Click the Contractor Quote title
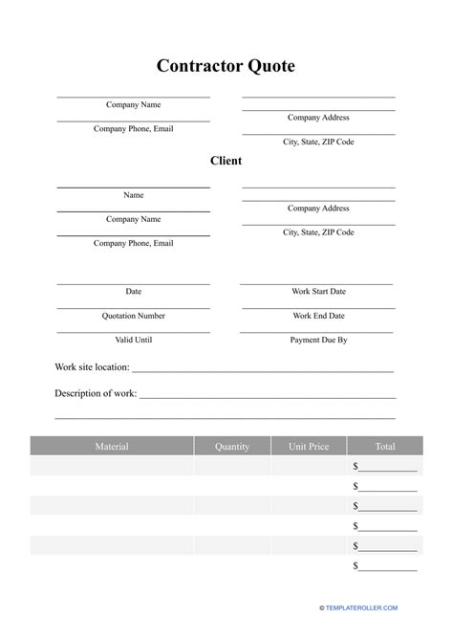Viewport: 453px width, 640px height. pos(226,66)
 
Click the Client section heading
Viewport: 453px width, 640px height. pos(226,161)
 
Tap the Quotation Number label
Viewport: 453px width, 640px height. pos(134,316)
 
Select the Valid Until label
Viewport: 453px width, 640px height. pos(134,340)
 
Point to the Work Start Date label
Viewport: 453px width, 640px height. pos(318,291)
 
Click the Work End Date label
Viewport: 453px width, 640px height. pos(318,316)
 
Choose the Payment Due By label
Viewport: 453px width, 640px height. pos(318,340)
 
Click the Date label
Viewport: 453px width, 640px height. pos(134,291)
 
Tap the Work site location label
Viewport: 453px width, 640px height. pos(92,367)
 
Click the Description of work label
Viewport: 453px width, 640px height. pos(96,393)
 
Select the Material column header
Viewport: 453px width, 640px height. pos(112,447)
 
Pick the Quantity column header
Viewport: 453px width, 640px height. pos(232,447)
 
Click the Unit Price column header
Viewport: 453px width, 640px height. pos(309,447)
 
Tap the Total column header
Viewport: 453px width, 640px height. pos(385,447)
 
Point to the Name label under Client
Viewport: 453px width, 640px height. pos(134,195)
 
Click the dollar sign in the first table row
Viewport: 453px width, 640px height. pos(356,467)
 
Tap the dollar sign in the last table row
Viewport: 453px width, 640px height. pos(356,566)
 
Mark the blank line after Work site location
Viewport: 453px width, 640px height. pos(263,370)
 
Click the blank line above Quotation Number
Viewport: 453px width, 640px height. pos(134,307)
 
